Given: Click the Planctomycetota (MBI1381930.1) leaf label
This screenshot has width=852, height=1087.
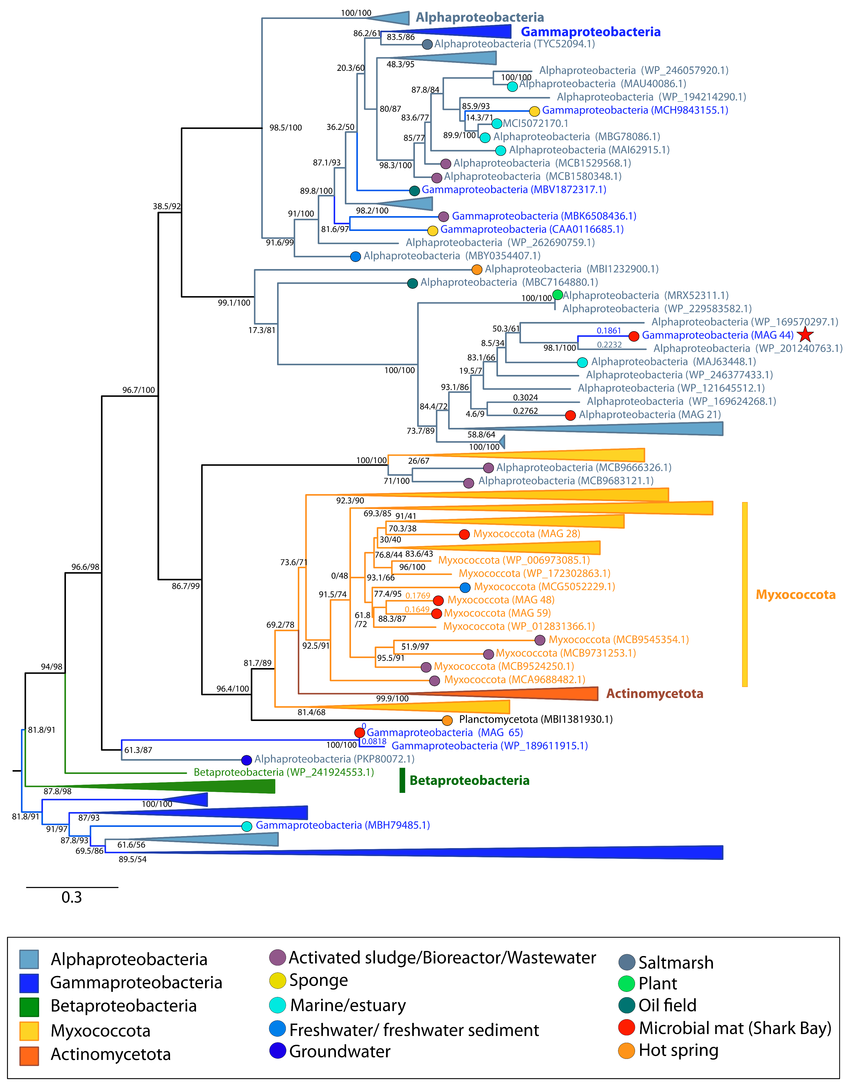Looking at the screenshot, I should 535,719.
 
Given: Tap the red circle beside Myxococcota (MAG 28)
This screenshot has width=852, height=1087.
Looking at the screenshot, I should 464,534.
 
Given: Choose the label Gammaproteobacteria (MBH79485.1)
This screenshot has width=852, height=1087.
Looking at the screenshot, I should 343,825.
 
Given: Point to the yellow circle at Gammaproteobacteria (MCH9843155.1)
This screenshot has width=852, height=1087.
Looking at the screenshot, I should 534,111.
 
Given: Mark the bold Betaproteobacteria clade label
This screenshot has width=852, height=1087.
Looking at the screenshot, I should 469,781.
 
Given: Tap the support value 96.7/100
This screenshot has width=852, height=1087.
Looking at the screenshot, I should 139,390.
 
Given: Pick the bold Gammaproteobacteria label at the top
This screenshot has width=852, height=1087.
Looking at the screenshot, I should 590,32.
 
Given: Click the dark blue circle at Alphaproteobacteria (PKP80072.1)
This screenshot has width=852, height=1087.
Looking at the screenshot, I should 246,760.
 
